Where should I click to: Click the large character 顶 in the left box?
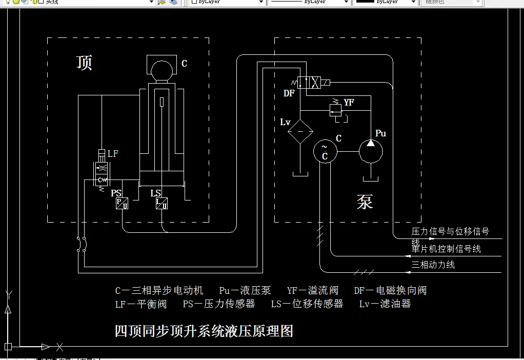coord(85,63)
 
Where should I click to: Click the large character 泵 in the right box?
coord(365,202)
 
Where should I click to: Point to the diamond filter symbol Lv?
coord(299,131)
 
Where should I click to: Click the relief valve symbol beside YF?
coord(336,109)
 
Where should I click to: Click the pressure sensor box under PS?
coord(122,204)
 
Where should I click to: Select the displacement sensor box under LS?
coord(162,204)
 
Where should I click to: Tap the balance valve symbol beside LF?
coord(101,172)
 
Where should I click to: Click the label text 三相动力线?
coord(433,265)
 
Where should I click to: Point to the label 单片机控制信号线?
coord(446,249)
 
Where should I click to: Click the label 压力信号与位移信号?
coord(450,232)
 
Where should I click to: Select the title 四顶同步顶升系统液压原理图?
coord(204,331)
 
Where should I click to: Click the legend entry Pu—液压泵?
coord(245,291)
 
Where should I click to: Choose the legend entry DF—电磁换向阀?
coord(390,291)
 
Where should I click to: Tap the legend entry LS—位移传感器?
coord(307,304)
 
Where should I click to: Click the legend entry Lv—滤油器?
coord(385,304)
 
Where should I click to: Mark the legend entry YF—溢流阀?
coord(313,291)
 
